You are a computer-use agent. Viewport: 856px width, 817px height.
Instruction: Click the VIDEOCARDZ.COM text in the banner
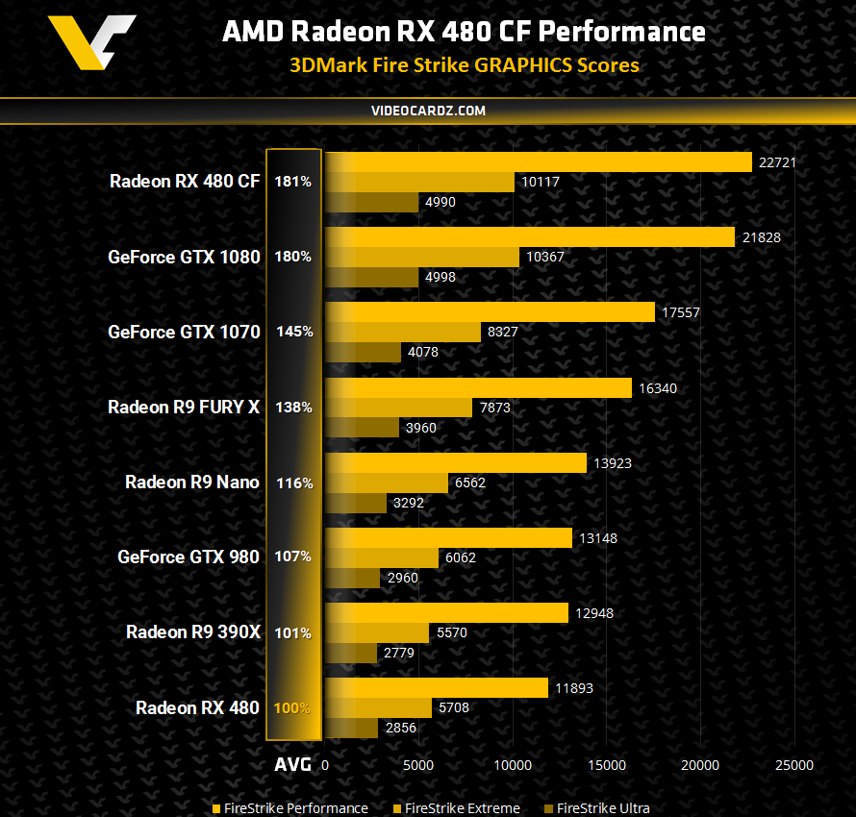coord(428,111)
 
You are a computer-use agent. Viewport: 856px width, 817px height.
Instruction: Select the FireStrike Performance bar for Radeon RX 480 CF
coord(538,162)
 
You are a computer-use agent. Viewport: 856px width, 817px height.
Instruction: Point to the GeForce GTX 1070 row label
coord(184,332)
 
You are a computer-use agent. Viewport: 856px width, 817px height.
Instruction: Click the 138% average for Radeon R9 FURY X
coord(292,408)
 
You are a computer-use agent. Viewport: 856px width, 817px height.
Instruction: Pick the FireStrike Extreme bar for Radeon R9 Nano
coord(387,483)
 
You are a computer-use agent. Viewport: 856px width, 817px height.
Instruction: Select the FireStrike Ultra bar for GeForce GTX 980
coord(352,578)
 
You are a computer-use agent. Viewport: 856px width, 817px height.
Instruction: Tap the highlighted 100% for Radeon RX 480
coord(292,708)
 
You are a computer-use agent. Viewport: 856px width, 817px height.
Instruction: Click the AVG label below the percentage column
coord(292,765)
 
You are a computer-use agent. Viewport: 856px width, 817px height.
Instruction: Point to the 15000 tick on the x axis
coord(606,765)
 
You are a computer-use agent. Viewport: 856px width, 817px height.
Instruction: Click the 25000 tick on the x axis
coord(793,765)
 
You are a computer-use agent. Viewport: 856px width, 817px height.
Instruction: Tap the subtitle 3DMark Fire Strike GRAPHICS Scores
coord(465,65)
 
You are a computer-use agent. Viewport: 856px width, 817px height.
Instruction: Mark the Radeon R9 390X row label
coord(192,632)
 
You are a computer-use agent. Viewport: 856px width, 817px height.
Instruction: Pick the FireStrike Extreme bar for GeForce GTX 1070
coord(403,332)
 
